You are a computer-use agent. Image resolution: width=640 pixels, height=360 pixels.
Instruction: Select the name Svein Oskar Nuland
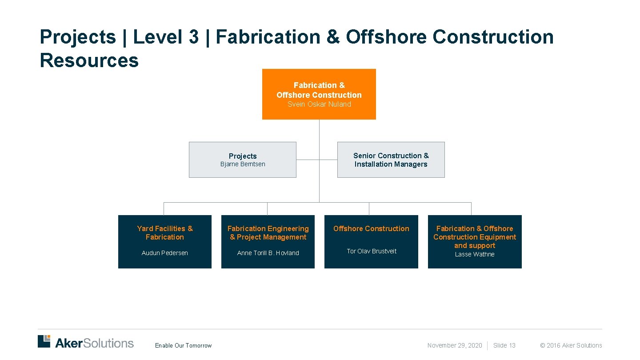coord(319,104)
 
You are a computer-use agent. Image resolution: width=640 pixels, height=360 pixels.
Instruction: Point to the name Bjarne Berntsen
coord(243,164)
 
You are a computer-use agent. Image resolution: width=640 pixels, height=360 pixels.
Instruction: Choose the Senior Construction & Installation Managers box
coord(391,160)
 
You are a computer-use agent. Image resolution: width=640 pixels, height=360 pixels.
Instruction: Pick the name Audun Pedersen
coord(165,253)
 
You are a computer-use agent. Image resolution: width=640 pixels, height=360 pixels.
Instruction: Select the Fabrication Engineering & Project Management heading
coord(268,233)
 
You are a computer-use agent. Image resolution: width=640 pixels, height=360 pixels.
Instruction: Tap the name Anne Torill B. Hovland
coord(268,253)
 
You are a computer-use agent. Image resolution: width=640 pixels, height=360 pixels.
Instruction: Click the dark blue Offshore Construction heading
coord(371,228)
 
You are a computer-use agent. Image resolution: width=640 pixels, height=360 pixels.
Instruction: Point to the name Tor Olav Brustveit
coord(372,251)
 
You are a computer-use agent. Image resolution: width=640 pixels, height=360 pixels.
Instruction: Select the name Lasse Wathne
coord(475,254)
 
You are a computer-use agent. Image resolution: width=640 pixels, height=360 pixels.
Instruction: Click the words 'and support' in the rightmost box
coord(475,246)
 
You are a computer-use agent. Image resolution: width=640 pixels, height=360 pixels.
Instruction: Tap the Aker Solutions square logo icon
coord(44,341)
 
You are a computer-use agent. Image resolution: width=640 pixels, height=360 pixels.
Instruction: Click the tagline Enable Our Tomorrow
coord(184,346)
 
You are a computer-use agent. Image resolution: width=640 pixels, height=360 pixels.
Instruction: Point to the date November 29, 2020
coord(455,345)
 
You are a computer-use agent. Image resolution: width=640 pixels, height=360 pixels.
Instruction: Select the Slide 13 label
coord(504,345)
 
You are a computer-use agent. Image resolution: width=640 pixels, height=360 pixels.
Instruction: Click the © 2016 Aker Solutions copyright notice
coord(571,345)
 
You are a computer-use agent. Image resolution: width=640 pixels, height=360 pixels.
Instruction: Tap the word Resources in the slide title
coord(89,60)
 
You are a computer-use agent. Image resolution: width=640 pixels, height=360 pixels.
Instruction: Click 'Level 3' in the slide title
coord(166,37)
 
